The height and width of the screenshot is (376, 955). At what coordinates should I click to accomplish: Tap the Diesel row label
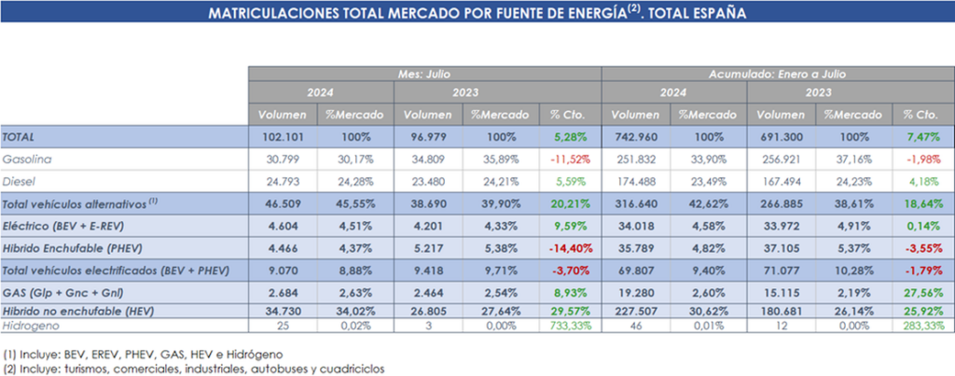point(21,181)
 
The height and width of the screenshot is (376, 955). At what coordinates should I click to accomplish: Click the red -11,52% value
point(572,160)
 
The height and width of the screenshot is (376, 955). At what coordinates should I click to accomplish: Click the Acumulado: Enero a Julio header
point(776,73)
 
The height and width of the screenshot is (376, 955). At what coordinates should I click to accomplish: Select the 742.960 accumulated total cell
point(637,137)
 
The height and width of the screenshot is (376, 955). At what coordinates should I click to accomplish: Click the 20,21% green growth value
point(572,202)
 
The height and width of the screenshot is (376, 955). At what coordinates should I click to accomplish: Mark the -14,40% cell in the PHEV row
point(571,246)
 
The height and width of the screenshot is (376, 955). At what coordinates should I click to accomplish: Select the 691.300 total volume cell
point(777,137)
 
